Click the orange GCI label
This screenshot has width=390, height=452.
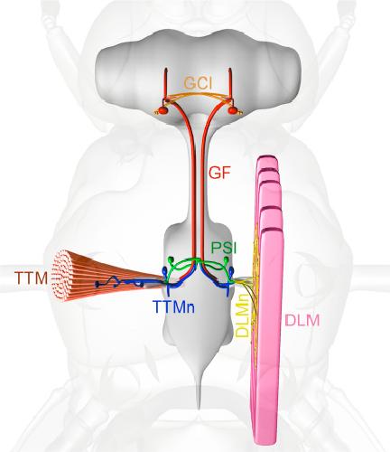(198, 83)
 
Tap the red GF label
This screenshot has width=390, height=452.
(220, 173)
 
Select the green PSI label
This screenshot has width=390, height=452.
(224, 249)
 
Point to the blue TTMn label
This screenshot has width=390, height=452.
(174, 307)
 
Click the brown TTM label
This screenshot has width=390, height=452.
(32, 278)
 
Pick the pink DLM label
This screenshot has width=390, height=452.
(302, 320)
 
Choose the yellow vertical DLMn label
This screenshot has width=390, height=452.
(242, 315)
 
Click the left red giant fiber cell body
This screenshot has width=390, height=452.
(162, 110)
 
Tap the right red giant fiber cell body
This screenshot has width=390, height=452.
(232, 110)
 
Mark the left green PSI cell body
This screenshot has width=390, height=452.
(171, 259)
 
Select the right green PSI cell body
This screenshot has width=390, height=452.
(227, 259)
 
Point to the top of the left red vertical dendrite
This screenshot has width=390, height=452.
(166, 70)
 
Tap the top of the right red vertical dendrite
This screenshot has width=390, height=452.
(230, 70)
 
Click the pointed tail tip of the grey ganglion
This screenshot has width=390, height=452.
(199, 408)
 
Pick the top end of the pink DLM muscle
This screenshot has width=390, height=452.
(267, 158)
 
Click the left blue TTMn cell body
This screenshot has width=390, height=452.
(165, 270)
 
